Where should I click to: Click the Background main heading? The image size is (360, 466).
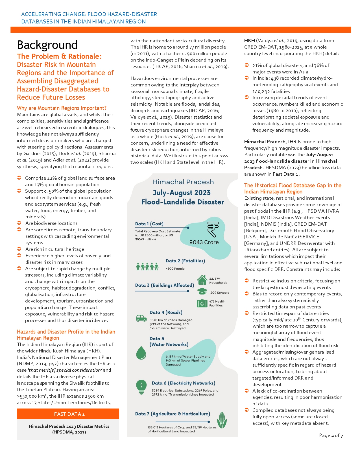47,45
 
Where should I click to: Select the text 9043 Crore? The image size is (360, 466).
204,242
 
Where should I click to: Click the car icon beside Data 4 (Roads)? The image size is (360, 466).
141,318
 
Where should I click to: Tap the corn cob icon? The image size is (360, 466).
222,420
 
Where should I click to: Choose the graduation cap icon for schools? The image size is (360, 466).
202,291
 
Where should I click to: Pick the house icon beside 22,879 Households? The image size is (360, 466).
202,280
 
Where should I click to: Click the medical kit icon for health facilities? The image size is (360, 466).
202,303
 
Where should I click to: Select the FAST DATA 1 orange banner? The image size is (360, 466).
68,414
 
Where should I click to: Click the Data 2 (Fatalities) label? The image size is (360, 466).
185,261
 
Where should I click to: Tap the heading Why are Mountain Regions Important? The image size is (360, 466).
62,108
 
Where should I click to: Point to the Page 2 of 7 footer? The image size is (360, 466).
331,435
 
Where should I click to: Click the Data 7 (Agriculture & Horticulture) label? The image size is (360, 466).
173,414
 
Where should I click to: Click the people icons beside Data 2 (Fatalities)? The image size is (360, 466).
147,266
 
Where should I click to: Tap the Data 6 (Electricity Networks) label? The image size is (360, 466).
184,383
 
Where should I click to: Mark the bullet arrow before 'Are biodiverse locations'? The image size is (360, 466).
19,223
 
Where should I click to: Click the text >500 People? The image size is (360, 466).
175,269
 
